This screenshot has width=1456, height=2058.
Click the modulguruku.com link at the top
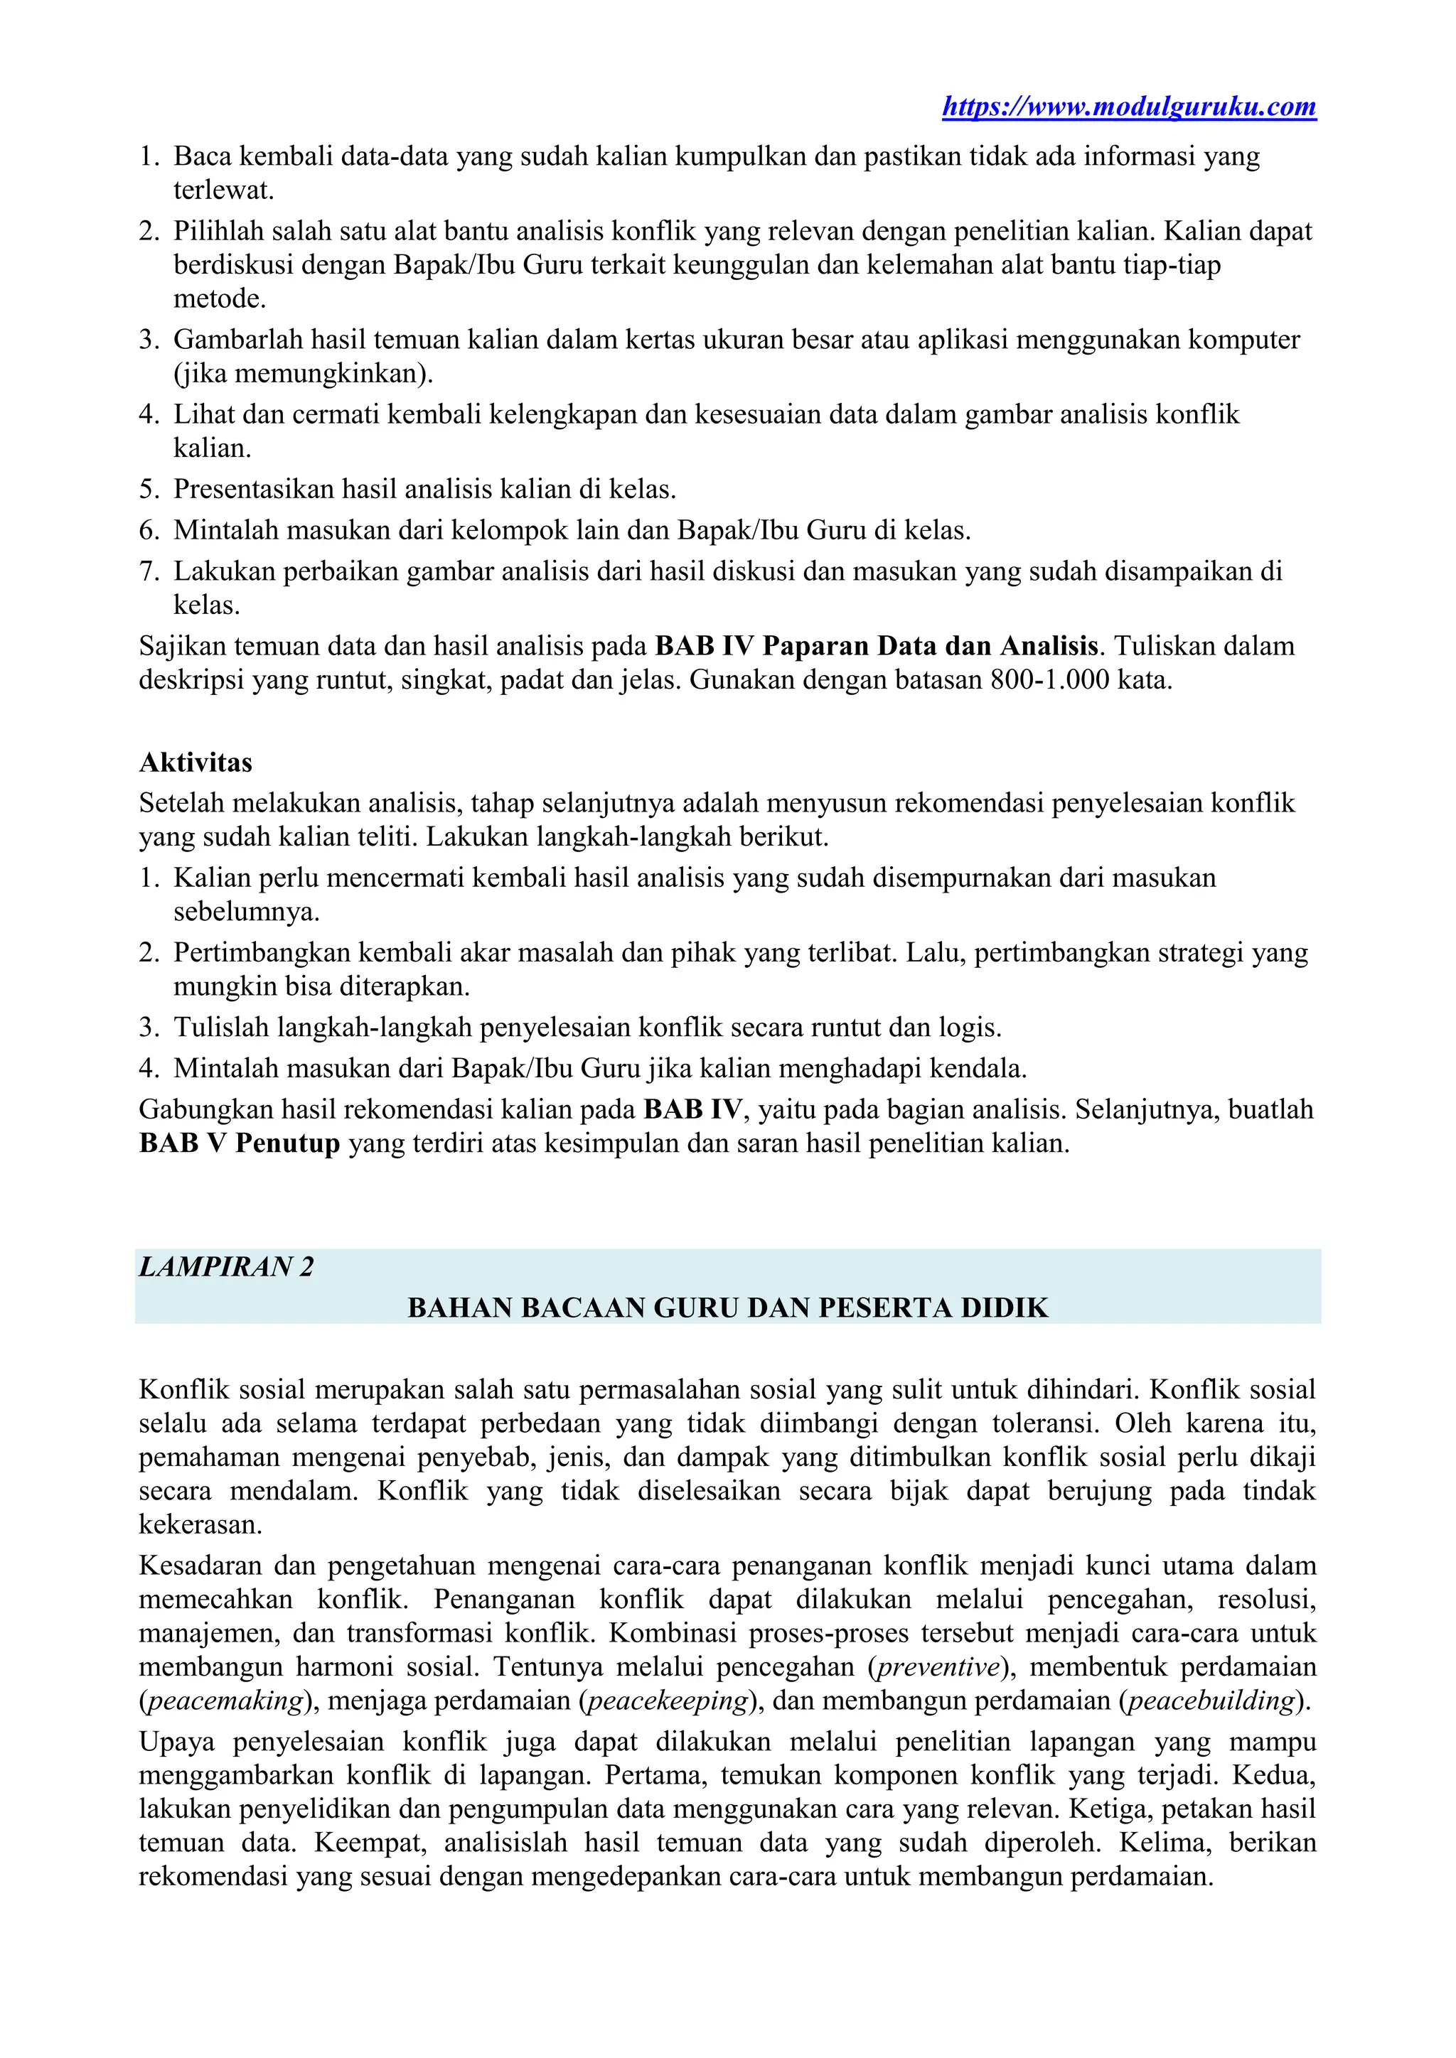coord(1129,107)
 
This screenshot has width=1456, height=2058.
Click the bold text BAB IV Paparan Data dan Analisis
coord(876,646)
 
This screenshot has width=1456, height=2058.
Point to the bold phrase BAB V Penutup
coord(240,1143)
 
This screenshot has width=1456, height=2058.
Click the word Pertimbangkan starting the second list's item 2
coord(259,952)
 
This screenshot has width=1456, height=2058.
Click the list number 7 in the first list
coord(148,571)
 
